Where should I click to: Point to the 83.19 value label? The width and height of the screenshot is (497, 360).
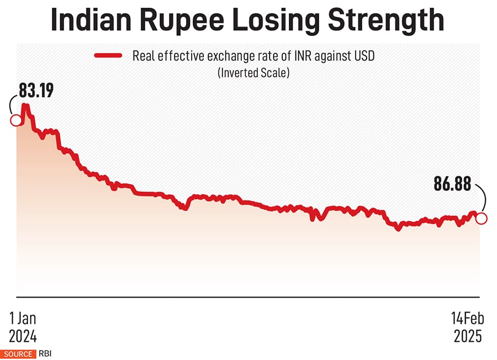click(x=36, y=90)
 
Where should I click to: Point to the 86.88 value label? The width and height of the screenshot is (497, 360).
click(x=452, y=184)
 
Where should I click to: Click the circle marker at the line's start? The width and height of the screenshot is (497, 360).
click(x=15, y=120)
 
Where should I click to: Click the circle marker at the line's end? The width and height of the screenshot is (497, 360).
click(x=481, y=219)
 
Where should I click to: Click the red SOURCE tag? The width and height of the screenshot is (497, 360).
click(x=18, y=353)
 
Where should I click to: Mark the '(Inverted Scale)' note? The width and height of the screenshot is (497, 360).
click(x=253, y=72)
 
